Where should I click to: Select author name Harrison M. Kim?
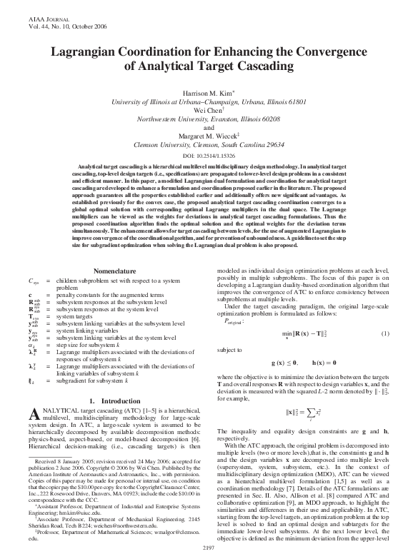coord(209,94)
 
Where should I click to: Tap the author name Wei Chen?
coord(208,111)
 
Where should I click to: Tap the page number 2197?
coord(209,547)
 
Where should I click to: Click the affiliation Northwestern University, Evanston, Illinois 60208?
coord(209,119)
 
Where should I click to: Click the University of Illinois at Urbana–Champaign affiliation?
coord(209,103)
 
